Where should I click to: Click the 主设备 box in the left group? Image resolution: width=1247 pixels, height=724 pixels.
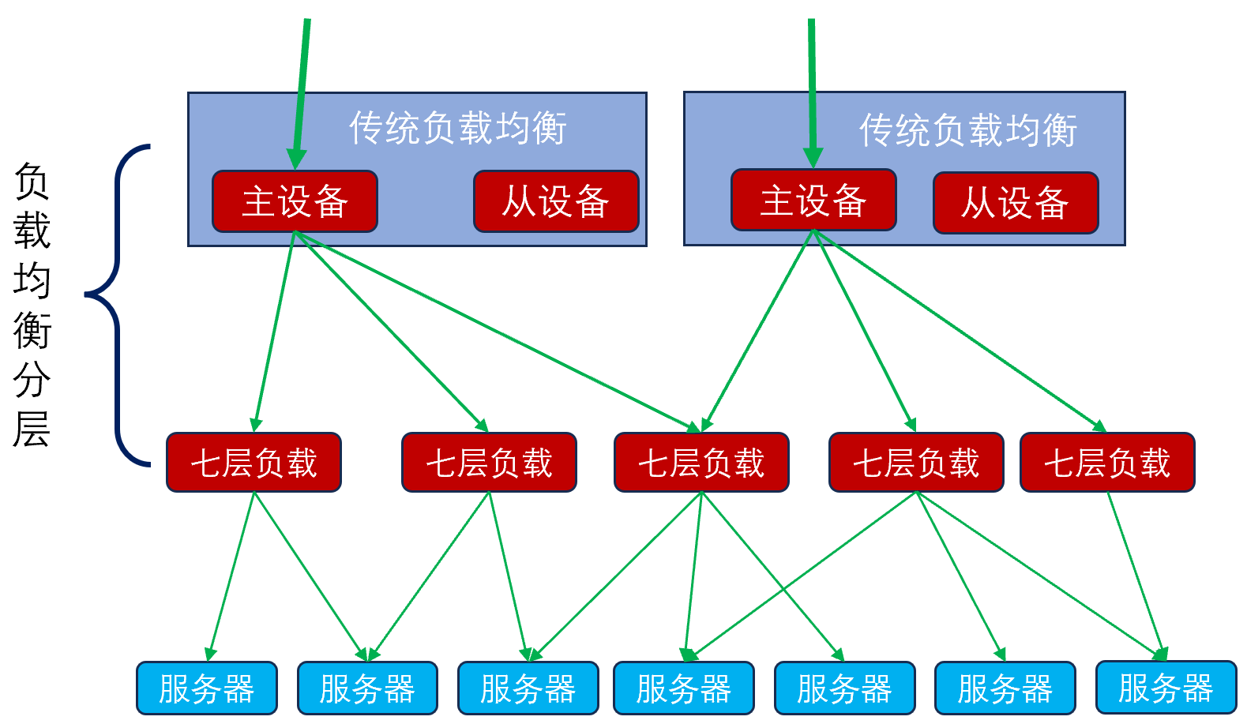pos(295,201)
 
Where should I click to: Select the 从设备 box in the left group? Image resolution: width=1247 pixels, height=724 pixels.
pos(556,201)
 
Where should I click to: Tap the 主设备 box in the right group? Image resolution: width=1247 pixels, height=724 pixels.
pos(813,200)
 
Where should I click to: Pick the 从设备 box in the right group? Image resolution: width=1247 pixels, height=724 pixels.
pos(1016,203)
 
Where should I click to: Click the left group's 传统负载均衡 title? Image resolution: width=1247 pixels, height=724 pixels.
pos(458,128)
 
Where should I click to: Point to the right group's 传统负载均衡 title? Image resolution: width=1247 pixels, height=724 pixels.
pos(968,130)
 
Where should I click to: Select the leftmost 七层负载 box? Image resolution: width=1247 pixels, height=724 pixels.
pos(254,463)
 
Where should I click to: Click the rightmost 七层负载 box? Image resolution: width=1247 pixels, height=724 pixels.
pos(1107,463)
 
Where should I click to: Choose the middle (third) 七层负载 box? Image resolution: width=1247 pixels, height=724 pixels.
pos(701,463)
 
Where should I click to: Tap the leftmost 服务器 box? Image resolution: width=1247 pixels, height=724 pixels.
pos(207,688)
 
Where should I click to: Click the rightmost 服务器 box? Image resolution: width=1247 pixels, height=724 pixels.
pos(1166,688)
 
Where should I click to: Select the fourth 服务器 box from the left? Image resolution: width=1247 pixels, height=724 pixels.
pos(684,688)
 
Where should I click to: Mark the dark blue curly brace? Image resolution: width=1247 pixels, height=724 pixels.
pos(118,304)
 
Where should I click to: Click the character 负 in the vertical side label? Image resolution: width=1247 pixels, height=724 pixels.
pos(32,182)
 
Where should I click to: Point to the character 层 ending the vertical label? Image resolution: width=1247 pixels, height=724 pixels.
pos(32,430)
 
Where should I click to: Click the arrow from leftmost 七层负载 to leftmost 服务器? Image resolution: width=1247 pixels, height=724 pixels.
pos(231,576)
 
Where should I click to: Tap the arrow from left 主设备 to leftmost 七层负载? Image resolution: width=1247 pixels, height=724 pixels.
pos(274,332)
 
